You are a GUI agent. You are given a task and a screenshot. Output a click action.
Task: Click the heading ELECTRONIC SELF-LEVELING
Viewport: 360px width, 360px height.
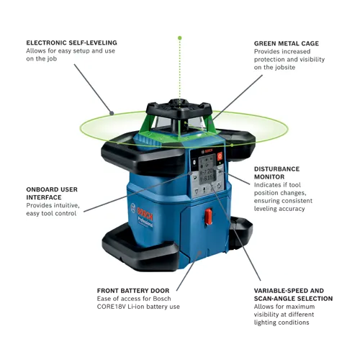pos(71,42)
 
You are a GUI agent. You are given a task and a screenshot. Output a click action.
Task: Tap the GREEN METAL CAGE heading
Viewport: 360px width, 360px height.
pos(286,43)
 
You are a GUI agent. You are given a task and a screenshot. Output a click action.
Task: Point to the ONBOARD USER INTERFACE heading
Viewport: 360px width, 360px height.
pos(51,193)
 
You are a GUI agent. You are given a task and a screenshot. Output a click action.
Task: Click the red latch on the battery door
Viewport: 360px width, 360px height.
pos(209,216)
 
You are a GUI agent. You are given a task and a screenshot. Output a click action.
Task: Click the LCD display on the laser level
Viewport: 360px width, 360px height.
pos(208,172)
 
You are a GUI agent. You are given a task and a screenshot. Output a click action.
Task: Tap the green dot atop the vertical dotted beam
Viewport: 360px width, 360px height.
pos(180,37)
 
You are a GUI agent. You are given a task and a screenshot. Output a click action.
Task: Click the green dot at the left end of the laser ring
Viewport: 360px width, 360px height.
pos(112,112)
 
